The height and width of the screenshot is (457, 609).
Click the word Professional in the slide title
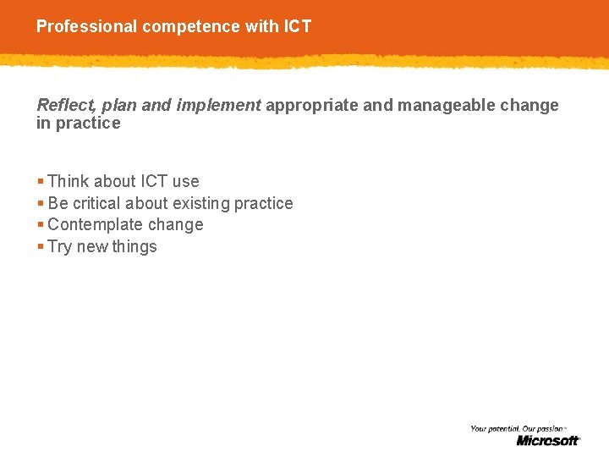(87, 26)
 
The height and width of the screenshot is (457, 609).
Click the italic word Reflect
(65, 105)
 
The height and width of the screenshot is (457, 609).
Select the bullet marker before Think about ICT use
(41, 181)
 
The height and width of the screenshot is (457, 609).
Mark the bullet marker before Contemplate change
(41, 225)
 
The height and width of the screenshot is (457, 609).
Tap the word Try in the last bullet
(60, 247)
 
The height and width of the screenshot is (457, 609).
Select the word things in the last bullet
(134, 247)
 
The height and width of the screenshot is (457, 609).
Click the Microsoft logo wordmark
(548, 440)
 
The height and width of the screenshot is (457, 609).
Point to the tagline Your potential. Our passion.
(518, 429)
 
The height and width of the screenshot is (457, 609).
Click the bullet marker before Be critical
(41, 203)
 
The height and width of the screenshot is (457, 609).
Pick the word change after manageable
(531, 105)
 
